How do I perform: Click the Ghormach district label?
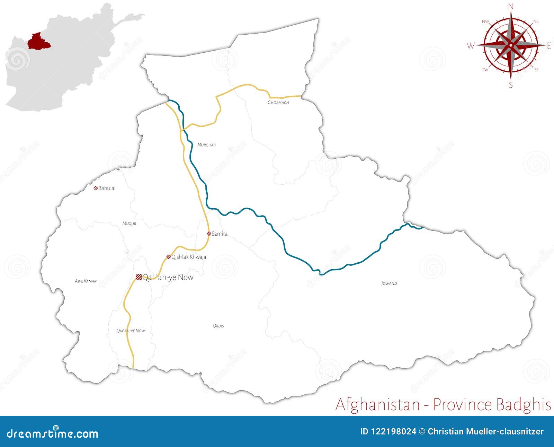(x=278, y=103)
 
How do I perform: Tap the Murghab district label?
(x=206, y=145)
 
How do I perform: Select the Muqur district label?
(x=129, y=223)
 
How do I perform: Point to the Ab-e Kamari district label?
(x=86, y=281)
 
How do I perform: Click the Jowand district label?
(x=389, y=283)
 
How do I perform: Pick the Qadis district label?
(x=218, y=326)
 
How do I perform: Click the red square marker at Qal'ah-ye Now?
(x=138, y=277)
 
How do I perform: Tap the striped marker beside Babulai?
(x=95, y=188)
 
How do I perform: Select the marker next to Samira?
(x=209, y=234)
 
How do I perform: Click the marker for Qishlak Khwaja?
(x=169, y=257)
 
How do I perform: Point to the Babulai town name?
(x=107, y=188)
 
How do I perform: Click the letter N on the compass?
(x=511, y=6)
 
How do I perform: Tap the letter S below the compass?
(x=511, y=85)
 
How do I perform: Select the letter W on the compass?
(x=471, y=46)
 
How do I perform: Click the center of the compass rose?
(x=511, y=45)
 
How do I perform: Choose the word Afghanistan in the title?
(x=378, y=404)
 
